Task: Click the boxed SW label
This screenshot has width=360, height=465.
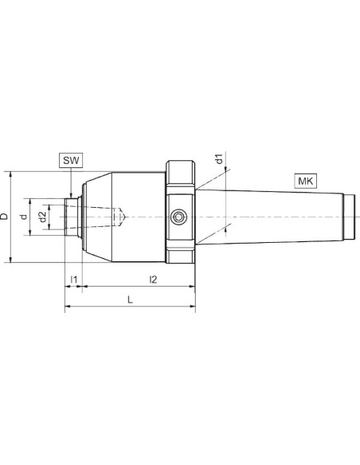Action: [x=71, y=160]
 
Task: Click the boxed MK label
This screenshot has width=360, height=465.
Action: [x=305, y=181]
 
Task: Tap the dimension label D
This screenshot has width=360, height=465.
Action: [x=4, y=217]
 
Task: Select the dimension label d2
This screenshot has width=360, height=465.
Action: [x=43, y=217]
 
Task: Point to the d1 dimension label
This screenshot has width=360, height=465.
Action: [x=219, y=158]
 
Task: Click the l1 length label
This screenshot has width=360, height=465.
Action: [x=73, y=279]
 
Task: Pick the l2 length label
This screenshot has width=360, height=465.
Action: [x=153, y=279]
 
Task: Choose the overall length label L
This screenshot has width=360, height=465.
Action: [x=130, y=299]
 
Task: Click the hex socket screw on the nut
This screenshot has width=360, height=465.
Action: [x=178, y=217]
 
